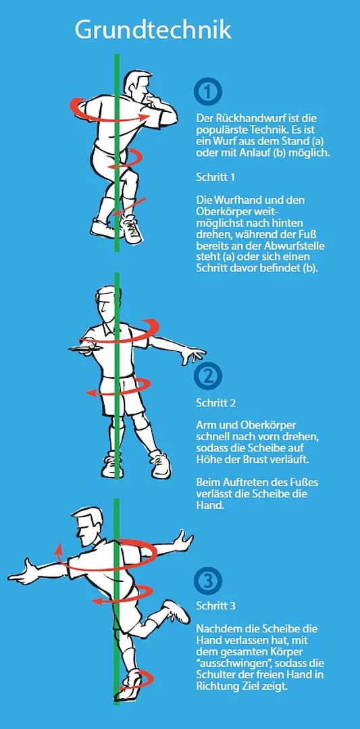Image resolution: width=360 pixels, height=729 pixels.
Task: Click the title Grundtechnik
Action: point(153,30)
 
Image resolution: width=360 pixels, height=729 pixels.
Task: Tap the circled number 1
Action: point(208,92)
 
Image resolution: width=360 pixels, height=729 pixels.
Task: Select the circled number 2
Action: point(208,377)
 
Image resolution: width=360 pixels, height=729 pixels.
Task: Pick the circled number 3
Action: point(208,580)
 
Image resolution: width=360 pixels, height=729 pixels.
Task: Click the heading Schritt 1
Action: point(216,177)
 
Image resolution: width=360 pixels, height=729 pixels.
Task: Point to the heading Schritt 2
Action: point(216,402)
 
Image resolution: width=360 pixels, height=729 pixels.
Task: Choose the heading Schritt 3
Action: point(216,606)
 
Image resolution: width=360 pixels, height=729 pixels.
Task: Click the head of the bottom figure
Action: point(89,526)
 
